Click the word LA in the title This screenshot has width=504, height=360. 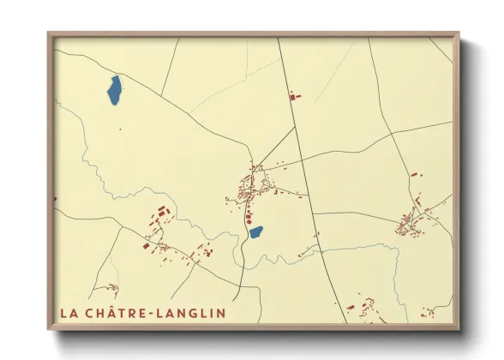pos(69,313)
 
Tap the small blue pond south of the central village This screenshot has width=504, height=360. pos(255,231)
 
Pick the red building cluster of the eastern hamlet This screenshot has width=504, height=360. pos(411,221)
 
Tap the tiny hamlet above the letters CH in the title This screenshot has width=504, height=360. pos(111,289)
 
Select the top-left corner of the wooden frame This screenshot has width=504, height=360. pos(50,35)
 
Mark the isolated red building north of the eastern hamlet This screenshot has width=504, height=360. pos(414,175)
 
